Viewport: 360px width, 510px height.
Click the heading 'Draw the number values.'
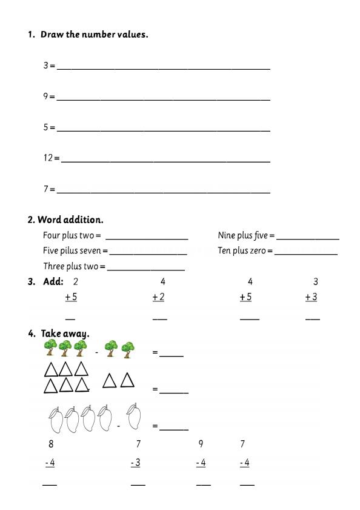pyautogui.click(x=94, y=35)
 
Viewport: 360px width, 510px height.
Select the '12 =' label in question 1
pyautogui.click(x=52, y=158)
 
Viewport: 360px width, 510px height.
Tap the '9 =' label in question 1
pyautogui.click(x=49, y=96)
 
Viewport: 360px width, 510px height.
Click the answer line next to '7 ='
pyautogui.click(x=164, y=192)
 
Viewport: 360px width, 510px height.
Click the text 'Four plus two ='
pyautogui.click(x=72, y=235)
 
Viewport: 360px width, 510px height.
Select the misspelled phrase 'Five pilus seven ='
pyautogui.click(x=75, y=250)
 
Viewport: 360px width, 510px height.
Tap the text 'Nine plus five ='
pyautogui.click(x=246, y=235)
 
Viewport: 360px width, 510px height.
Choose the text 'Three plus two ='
pyautogui.click(x=74, y=266)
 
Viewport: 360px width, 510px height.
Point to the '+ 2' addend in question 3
pyautogui.click(x=158, y=297)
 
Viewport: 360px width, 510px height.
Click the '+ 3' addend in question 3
pyautogui.click(x=311, y=297)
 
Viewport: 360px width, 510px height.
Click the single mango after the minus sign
pyautogui.click(x=136, y=417)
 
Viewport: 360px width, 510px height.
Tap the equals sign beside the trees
pyautogui.click(x=155, y=352)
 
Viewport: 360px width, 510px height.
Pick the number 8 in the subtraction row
pyautogui.click(x=51, y=444)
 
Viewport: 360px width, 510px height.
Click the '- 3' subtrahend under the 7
pyautogui.click(x=136, y=463)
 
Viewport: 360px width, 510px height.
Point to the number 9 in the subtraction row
pyautogui.click(x=201, y=444)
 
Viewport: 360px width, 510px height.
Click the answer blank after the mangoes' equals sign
pyautogui.click(x=174, y=429)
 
